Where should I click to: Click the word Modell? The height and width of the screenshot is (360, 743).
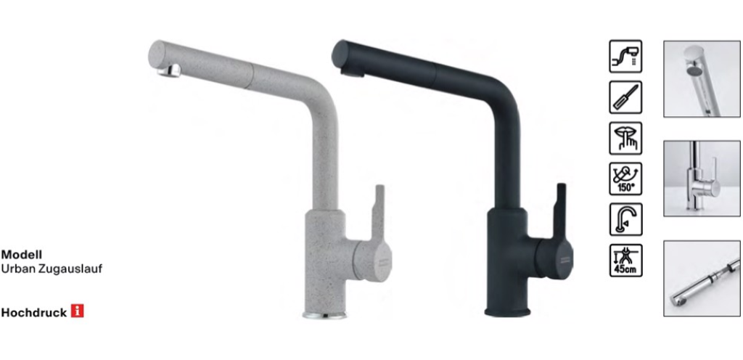click(x=21, y=255)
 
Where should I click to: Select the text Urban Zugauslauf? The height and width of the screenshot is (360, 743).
click(x=52, y=269)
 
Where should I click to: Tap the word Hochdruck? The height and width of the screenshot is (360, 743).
click(x=33, y=313)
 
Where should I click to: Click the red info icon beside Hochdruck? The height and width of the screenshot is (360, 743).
click(x=77, y=311)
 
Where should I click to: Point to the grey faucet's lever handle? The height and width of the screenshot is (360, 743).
click(x=377, y=213)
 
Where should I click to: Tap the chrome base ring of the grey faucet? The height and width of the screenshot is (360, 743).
click(x=324, y=315)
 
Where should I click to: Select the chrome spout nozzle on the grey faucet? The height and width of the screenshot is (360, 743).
click(x=169, y=70)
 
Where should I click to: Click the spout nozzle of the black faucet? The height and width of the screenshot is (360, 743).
click(x=352, y=71)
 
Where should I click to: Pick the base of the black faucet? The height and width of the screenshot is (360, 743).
click(x=507, y=312)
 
